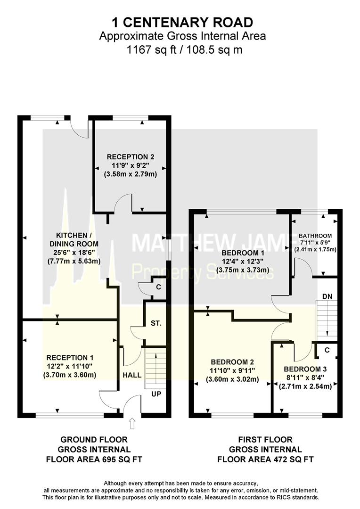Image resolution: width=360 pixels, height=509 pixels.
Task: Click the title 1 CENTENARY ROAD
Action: pyautogui.click(x=182, y=23)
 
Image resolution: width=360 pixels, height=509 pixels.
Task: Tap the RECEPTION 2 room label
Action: pyautogui.click(x=131, y=157)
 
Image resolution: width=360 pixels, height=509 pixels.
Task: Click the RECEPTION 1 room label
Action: pyautogui.click(x=70, y=358)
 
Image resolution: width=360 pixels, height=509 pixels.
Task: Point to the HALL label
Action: pyautogui.click(x=132, y=375)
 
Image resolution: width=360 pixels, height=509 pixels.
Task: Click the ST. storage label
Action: pyautogui.click(x=156, y=323)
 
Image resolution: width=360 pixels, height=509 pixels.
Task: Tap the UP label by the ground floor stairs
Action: pyautogui.click(x=156, y=394)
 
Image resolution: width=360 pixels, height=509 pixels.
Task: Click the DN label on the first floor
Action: pyautogui.click(x=327, y=296)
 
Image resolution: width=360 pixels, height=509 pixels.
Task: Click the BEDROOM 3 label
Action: pyautogui.click(x=305, y=369)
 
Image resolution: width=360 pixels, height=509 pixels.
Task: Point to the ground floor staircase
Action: pyautogui.click(x=155, y=368)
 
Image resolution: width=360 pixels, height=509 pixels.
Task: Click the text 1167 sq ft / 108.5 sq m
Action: pyautogui.click(x=184, y=49)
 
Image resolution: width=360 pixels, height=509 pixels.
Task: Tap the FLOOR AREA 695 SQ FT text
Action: pyautogui.click(x=94, y=460)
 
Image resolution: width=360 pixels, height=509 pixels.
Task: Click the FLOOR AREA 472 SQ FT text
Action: pyautogui.click(x=266, y=460)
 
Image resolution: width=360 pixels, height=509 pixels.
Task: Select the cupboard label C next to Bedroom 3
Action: pyautogui.click(x=327, y=350)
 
